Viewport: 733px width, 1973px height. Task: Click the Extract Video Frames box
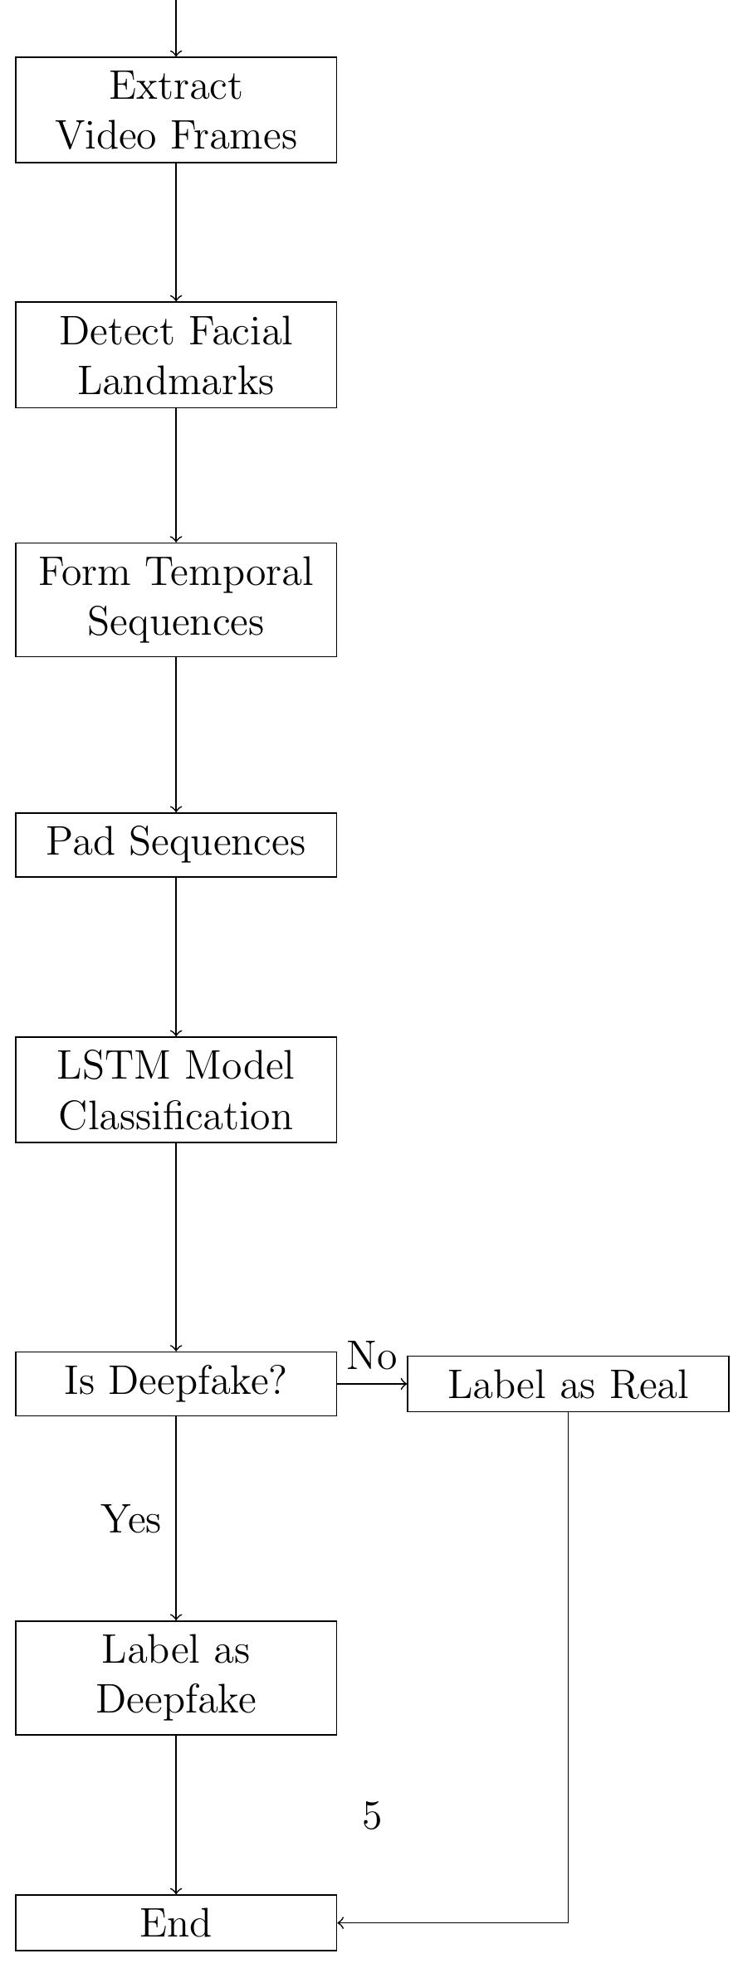tap(176, 110)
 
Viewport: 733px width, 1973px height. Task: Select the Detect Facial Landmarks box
tap(176, 354)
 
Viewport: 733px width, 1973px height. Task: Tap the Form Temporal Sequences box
tap(176, 599)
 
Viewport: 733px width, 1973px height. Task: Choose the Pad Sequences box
tap(176, 844)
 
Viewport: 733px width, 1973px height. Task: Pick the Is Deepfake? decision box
tap(176, 1382)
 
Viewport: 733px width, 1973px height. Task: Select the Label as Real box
tap(568, 1384)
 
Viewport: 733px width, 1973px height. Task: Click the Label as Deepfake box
tap(176, 1677)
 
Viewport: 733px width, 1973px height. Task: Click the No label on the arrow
tap(371, 1356)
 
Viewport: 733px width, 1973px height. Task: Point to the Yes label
tap(131, 1518)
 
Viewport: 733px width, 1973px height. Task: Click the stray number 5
tap(372, 1816)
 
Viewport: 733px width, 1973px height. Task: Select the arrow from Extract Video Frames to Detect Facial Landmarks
tap(176, 232)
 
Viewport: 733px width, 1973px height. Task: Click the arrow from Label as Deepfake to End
tap(176, 1814)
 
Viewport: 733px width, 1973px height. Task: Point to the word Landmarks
tap(176, 381)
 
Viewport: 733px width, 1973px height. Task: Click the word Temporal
tap(229, 572)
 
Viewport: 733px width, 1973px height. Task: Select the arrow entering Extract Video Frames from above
tap(176, 29)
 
